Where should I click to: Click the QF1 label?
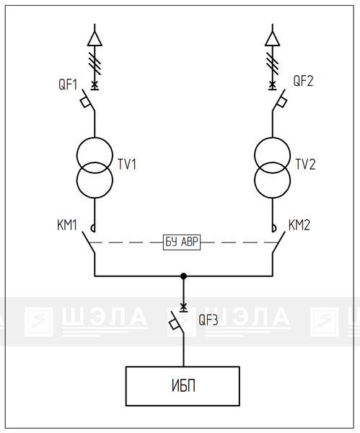coord(68,84)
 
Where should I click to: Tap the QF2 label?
coord(303,81)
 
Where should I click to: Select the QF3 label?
coord(208,320)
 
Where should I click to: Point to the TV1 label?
coord(127,165)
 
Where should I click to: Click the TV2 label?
coord(305,165)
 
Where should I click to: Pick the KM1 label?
coord(67,225)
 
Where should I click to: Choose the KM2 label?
coord(299,225)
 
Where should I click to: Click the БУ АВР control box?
coord(182,242)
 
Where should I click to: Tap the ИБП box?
coord(183,386)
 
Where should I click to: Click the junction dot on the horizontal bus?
coord(183,276)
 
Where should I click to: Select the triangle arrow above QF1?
coord(95,39)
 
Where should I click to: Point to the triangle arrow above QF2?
coord(273,39)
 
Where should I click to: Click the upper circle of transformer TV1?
coord(95,138)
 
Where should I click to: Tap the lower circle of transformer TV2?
coord(273,198)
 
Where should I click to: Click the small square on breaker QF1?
coord(85,102)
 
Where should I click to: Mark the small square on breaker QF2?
coord(281,102)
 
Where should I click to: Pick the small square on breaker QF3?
coord(174,324)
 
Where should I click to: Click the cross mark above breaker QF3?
coord(183,306)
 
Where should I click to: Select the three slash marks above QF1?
coord(95,64)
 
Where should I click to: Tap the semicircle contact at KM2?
coord(275,228)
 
